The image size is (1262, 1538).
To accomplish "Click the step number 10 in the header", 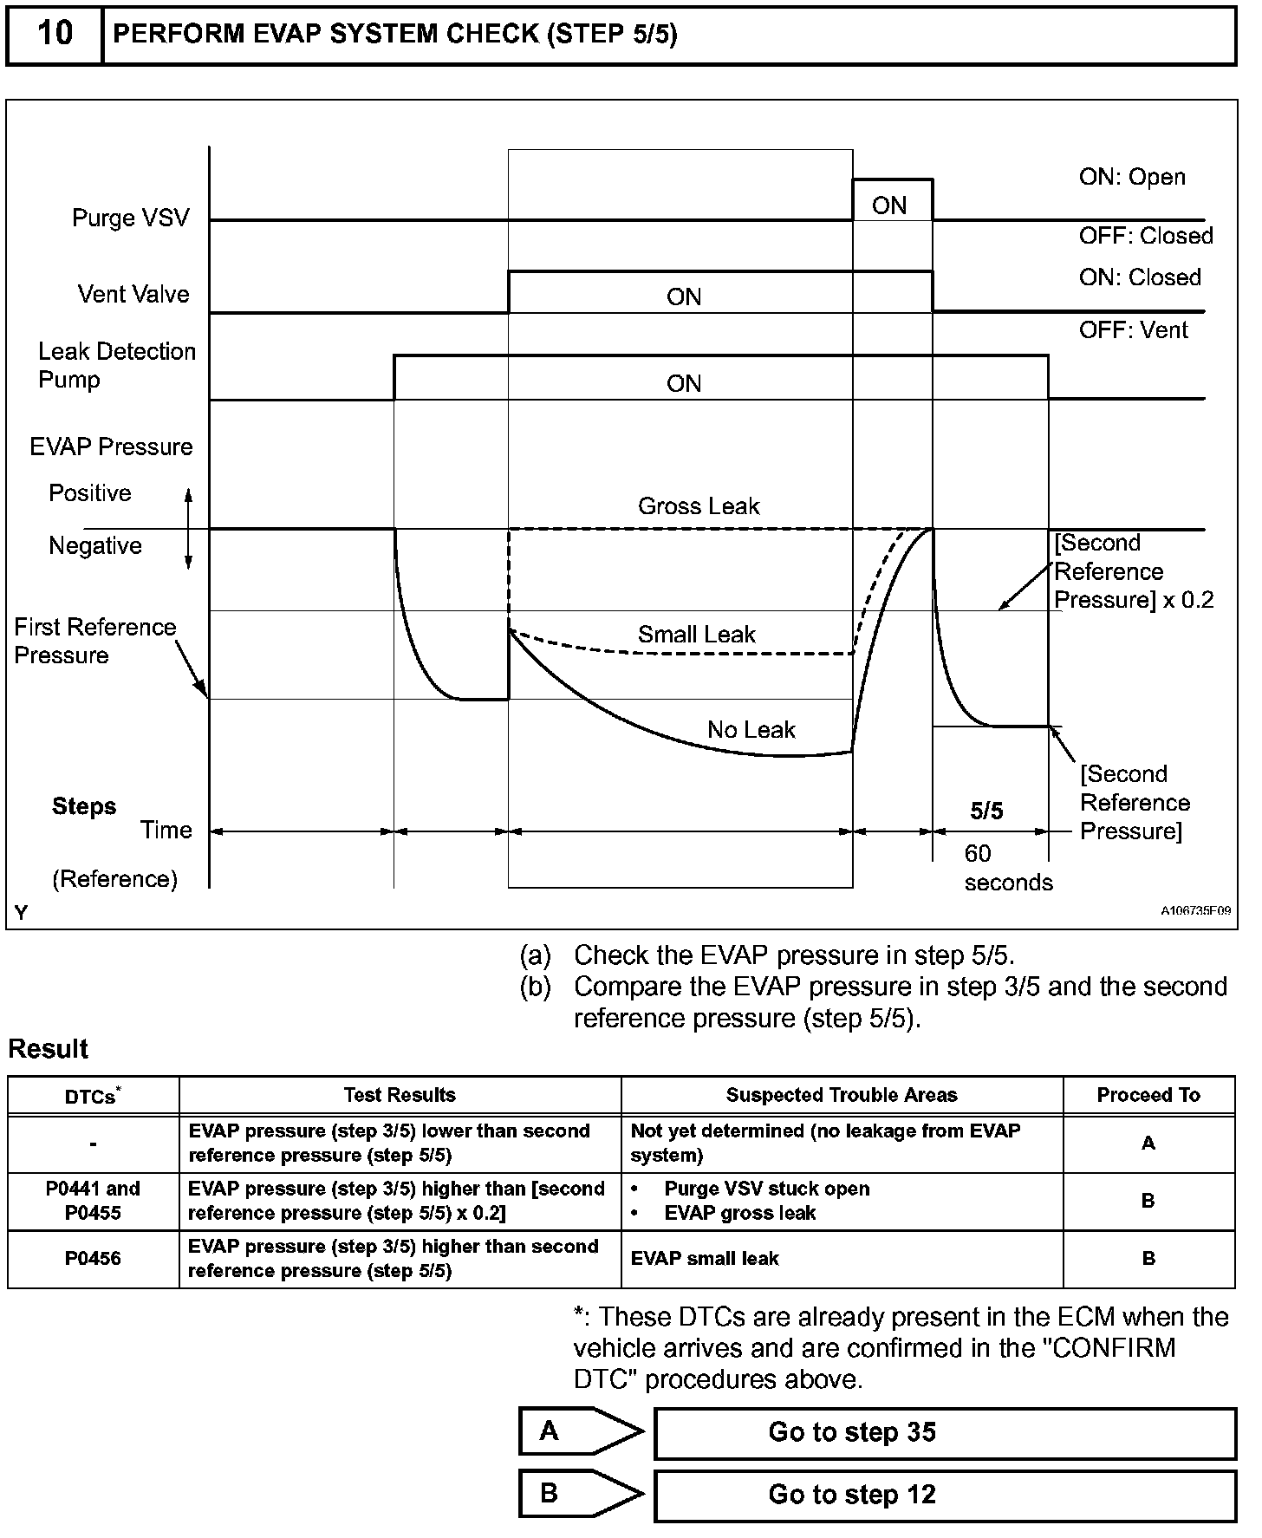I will point(55,34).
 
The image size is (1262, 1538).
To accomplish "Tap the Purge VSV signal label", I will point(130,218).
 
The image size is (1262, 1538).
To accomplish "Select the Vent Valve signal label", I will point(133,294).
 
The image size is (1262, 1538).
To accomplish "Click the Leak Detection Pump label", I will point(116,365).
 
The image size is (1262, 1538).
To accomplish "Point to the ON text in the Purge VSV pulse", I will point(889,205).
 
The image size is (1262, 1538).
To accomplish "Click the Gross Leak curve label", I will point(699,506).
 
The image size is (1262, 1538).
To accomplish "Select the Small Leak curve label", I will point(697,635).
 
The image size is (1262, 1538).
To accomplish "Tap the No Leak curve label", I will point(751,730).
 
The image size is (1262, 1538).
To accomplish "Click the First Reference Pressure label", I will point(94,641).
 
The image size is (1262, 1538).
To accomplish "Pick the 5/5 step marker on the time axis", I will point(986,811).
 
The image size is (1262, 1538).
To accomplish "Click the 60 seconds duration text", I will point(1007,868).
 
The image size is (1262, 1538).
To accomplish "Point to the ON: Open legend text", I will point(1132,177).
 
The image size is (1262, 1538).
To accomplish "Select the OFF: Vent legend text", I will point(1133,330).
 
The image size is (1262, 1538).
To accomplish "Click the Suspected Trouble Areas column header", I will point(842,1095).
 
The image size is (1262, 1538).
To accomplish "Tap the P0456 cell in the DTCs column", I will point(93,1258).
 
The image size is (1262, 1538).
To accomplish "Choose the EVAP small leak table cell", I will point(705,1258).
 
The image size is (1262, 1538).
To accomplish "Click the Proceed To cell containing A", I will point(1148,1144).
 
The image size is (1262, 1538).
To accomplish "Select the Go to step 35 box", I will point(944,1432).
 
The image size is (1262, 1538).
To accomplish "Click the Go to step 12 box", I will point(944,1495).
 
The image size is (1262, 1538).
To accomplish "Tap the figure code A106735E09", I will point(1195,911).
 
